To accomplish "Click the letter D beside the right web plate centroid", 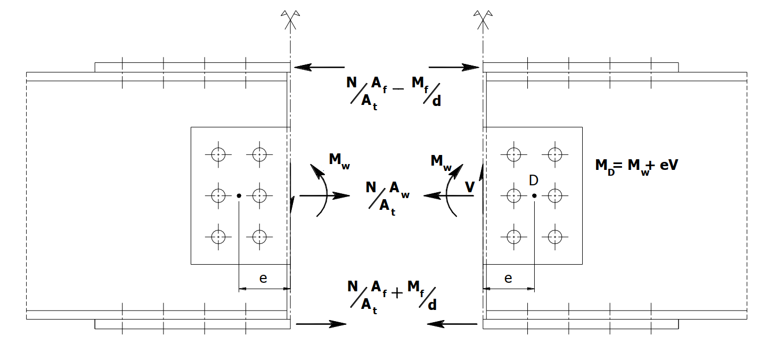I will point(533,181).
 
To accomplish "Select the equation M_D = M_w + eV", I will point(636,166).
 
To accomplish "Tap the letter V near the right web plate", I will point(469,187).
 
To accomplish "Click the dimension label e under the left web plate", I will point(263,279).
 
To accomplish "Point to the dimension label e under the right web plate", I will point(508,279).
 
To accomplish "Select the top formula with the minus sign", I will point(394,91).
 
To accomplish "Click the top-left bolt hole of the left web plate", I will point(218,154).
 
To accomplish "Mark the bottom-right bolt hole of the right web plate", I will point(554,236).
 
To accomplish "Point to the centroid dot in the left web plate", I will point(239,196).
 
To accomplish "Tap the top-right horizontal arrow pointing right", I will point(454,68).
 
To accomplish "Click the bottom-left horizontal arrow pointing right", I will point(321,324).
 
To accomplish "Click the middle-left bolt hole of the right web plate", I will point(513,195).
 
